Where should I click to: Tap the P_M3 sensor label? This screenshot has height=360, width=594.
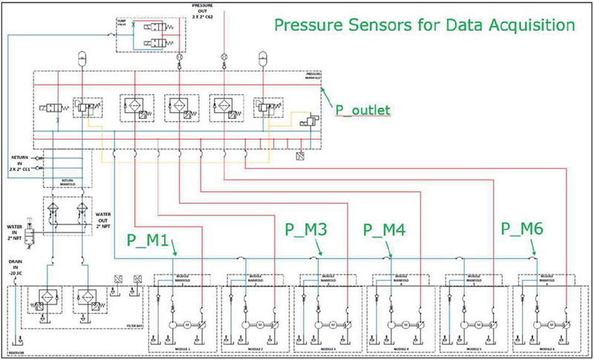[307, 229]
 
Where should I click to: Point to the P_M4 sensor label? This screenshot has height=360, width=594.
[385, 229]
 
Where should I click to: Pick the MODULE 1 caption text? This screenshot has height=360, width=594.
[182, 348]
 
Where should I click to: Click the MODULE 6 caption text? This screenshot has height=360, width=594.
[547, 348]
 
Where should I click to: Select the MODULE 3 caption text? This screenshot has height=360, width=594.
[327, 348]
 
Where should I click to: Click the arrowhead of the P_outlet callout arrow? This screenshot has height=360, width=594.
[322, 88]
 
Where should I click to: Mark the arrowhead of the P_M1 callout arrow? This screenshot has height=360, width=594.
[175, 256]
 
